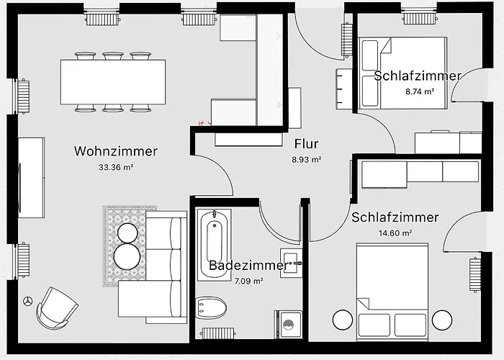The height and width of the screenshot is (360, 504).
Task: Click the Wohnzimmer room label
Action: [x=115, y=151]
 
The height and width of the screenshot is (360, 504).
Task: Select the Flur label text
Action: [x=306, y=144]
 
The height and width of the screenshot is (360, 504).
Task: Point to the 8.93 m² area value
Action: [x=306, y=160]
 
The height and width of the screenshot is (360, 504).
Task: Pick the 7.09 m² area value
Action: [x=248, y=281]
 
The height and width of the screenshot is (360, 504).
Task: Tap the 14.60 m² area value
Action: [x=395, y=233]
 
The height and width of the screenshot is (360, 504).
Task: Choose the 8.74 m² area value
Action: [x=420, y=91]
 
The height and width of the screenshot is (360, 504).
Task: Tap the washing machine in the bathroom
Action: [x=288, y=325]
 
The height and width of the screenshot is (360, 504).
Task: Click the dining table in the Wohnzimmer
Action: [x=113, y=81]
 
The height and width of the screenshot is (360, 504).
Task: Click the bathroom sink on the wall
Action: [x=292, y=264]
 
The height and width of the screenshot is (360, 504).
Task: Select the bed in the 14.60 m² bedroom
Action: [x=393, y=288]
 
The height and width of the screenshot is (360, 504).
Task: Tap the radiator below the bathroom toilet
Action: [x=215, y=334]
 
